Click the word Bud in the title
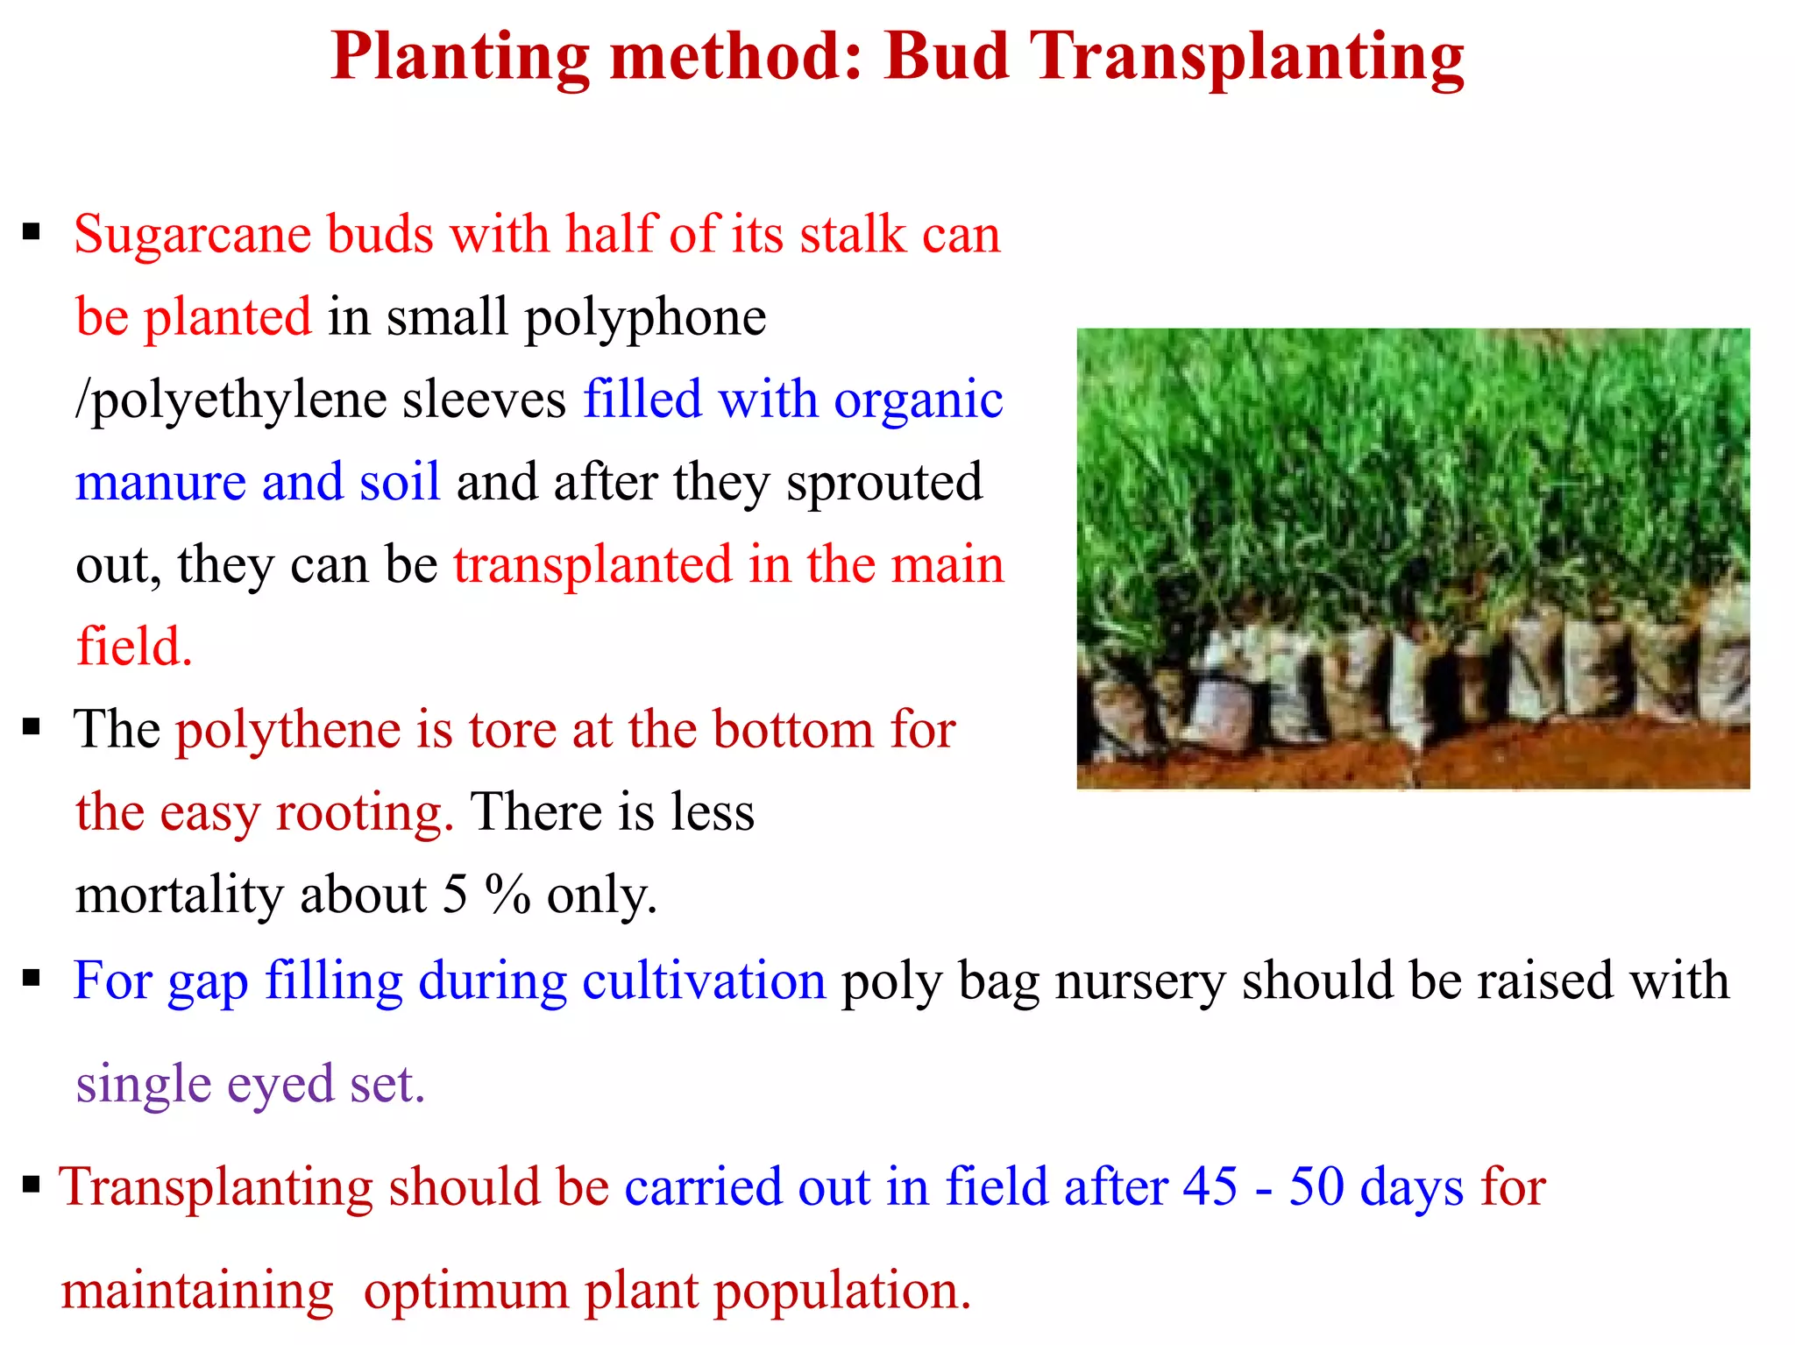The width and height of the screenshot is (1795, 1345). click(947, 56)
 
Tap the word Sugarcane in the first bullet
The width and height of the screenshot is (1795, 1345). click(192, 235)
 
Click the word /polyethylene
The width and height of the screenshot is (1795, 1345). click(231, 401)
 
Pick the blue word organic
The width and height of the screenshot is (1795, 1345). click(918, 401)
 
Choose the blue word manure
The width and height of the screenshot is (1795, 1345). click(160, 483)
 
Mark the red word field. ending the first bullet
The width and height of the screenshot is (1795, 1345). click(134, 647)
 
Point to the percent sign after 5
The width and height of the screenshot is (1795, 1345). click(507, 895)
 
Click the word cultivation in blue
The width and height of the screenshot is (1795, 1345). click(704, 980)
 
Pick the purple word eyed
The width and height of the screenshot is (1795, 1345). click(280, 1085)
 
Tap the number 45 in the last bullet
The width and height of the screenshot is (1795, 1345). click(1210, 1186)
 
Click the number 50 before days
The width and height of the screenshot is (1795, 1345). click(1316, 1186)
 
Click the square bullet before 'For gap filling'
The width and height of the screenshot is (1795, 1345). click(32, 979)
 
